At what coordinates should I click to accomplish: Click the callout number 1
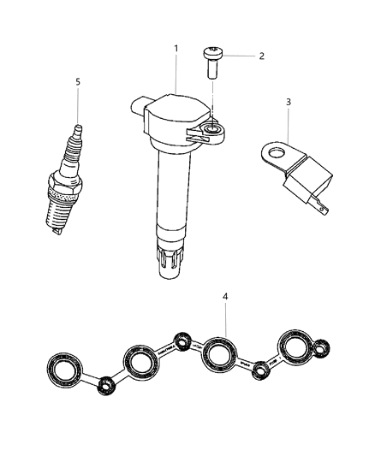(x=176, y=49)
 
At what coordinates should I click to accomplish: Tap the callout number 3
(x=289, y=103)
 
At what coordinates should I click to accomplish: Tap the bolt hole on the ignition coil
(x=211, y=130)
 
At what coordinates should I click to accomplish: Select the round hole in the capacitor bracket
(x=276, y=154)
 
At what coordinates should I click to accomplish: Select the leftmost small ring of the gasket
(x=106, y=388)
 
